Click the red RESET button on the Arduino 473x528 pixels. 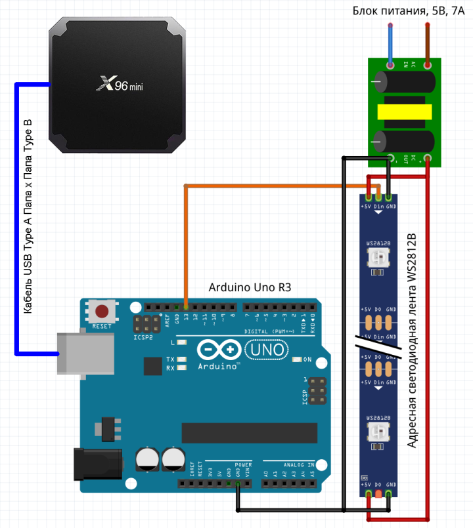tap(102, 312)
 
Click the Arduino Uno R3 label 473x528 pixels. tap(250, 287)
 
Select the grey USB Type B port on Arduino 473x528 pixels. tap(76, 354)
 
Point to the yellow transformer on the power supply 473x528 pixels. tap(405, 113)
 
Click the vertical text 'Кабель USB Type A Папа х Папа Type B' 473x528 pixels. tap(28, 216)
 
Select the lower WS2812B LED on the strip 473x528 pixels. tap(378, 432)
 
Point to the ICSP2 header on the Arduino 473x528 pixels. tap(145, 324)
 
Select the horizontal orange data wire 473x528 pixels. tap(276, 186)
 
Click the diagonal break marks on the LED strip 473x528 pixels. tap(378, 341)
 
